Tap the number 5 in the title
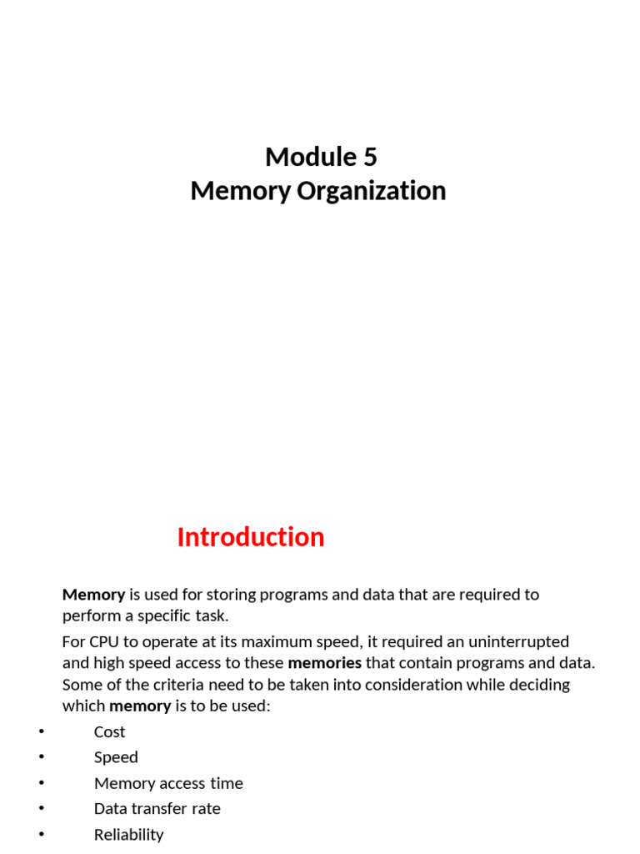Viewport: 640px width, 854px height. [x=370, y=157]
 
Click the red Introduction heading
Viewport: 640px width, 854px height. [x=250, y=537]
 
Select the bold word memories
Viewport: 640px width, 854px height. [x=324, y=663]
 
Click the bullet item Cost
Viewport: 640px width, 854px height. [x=109, y=732]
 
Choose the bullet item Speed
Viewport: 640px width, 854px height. [x=116, y=757]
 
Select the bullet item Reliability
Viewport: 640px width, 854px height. [x=128, y=835]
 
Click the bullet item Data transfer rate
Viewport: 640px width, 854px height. [x=157, y=809]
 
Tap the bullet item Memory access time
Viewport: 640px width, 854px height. [x=168, y=783]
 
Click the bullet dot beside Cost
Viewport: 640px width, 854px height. [x=41, y=732]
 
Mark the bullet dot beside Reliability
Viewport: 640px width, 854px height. [x=41, y=835]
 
